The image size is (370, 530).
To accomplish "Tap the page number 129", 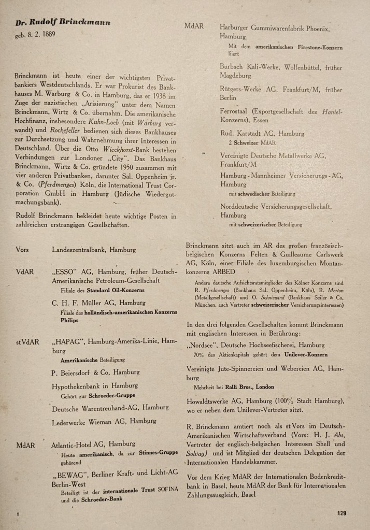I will coord(340,513).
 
